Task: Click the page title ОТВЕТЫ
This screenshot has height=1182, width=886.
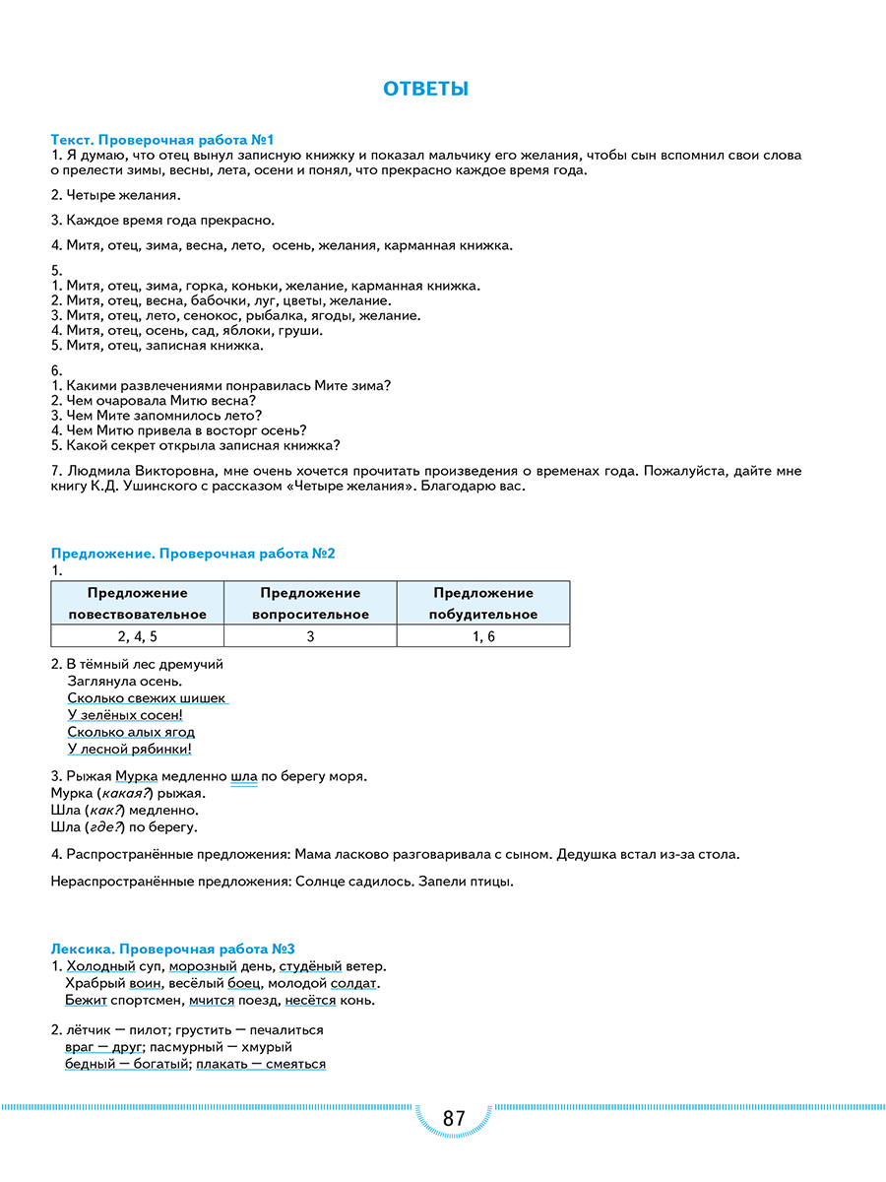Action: point(425,90)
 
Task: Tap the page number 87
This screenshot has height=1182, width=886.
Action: point(454,1119)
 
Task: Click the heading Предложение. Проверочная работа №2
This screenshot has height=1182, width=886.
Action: point(193,554)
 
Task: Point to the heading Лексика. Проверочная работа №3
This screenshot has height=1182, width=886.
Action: point(173,949)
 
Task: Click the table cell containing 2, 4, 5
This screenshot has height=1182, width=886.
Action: point(137,636)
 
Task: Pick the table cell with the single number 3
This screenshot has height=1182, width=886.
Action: point(310,636)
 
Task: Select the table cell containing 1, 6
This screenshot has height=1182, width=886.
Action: point(483,636)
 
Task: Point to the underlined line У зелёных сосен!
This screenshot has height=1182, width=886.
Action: point(125,715)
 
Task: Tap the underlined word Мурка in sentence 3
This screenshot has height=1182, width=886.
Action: point(136,776)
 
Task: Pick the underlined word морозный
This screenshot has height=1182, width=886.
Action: point(217,966)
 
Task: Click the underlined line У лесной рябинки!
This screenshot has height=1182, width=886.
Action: point(129,749)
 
